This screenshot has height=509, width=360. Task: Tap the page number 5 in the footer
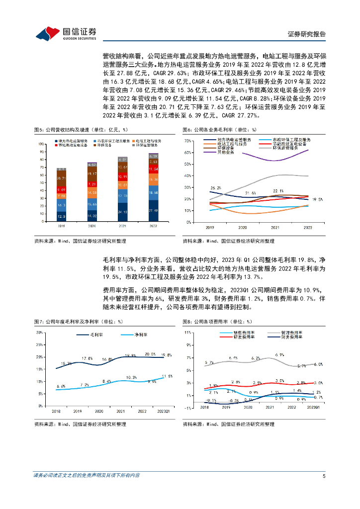tap(324, 476)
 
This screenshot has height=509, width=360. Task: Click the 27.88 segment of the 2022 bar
tap(153, 211)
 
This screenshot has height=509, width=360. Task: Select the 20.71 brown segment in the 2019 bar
tap(61, 178)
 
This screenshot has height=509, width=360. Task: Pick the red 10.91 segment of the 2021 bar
tap(122, 176)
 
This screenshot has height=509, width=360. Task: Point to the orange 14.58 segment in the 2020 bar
tap(92, 192)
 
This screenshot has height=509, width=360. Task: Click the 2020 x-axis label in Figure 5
tap(92, 225)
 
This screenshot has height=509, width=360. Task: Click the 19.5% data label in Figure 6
tap(317, 199)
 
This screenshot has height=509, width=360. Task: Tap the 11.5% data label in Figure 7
tap(167, 377)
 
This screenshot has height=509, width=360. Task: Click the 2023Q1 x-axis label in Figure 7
tap(163, 411)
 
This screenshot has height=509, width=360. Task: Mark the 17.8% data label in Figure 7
tap(87, 358)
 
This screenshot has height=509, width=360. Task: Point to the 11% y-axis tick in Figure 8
tap(188, 332)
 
